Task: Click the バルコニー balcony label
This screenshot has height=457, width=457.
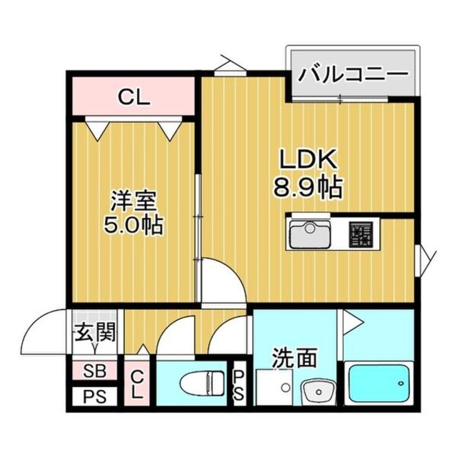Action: coord(353,74)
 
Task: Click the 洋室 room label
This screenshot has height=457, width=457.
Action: coord(134,199)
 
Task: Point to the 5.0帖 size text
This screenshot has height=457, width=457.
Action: coord(134,225)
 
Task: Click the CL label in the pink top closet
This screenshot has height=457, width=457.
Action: coord(134,98)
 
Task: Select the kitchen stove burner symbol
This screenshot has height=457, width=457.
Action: coord(361,233)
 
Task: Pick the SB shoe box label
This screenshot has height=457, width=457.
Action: coord(92,371)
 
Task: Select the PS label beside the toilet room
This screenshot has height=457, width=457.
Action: coord(239,386)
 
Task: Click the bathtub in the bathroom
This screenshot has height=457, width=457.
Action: coord(379,385)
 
